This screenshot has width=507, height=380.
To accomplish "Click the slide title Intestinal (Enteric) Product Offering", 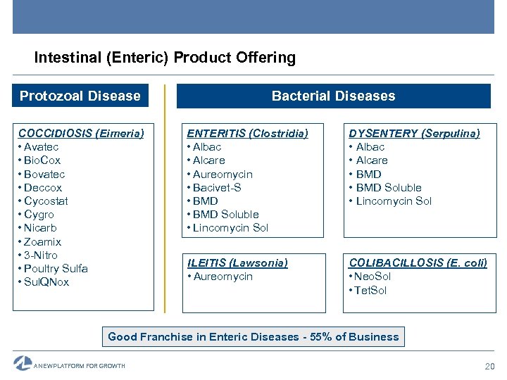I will (x=165, y=58).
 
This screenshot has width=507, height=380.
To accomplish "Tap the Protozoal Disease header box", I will (x=80, y=96).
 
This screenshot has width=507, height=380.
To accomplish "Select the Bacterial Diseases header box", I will (x=333, y=96).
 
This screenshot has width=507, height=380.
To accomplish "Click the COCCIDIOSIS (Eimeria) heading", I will (x=81, y=133).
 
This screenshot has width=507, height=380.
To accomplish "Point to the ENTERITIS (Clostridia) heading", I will (x=247, y=133).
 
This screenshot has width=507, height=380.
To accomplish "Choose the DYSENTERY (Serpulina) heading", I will (x=414, y=133).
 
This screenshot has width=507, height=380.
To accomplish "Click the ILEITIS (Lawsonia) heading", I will (x=237, y=262).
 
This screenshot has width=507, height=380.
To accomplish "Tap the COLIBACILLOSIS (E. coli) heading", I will (x=418, y=262).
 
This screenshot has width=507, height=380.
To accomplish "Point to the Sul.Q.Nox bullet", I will (x=46, y=282).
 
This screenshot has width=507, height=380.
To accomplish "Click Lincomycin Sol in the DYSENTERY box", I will (x=394, y=201).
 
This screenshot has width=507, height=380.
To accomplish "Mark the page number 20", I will (x=490, y=366).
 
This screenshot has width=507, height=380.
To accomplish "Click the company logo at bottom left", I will (x=23, y=364).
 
